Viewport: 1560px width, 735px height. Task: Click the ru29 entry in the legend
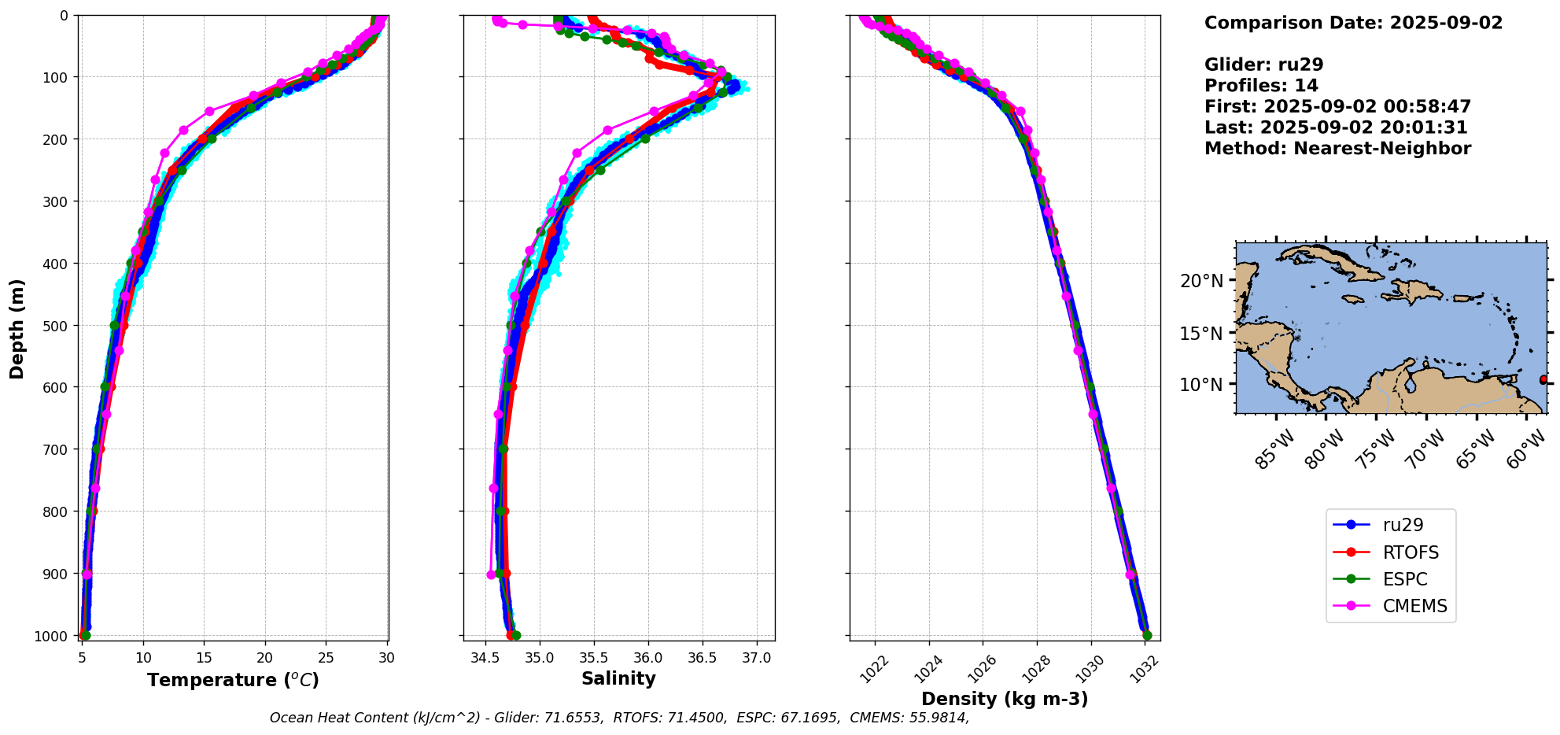[1403, 525]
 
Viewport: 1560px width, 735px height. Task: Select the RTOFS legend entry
[1410, 552]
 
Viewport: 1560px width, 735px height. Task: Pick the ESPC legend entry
[1404, 579]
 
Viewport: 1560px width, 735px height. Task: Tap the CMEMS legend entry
[1414, 606]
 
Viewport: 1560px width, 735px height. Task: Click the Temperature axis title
[233, 680]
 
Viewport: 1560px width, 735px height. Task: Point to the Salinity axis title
[618, 678]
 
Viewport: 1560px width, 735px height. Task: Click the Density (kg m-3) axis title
[1005, 699]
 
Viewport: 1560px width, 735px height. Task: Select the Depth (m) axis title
[17, 328]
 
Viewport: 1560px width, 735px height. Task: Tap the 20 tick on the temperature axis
[265, 657]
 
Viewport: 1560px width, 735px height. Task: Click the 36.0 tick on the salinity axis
[647, 657]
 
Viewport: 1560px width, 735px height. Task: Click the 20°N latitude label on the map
[1201, 281]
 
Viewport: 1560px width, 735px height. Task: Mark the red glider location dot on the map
[1543, 379]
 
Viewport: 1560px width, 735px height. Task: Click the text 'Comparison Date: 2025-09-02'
[1353, 23]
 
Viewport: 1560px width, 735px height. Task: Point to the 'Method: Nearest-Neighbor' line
[1337, 148]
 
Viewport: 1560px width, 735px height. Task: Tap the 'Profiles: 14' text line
[1261, 85]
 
